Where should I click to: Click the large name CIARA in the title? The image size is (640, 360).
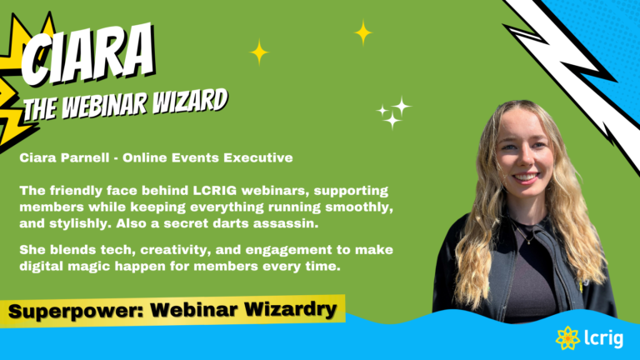(87, 54)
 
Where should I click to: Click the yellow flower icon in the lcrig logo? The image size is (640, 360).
(567, 338)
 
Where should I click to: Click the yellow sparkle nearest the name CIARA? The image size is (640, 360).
(259, 52)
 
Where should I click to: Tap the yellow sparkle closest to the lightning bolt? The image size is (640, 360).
(362, 32)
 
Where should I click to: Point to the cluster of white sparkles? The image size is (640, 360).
(393, 112)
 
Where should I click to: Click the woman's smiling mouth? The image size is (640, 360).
(526, 177)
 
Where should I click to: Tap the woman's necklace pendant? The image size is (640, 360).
(529, 241)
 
